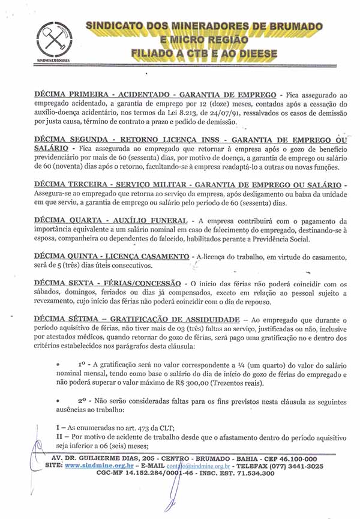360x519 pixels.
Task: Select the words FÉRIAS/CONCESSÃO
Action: click(x=145, y=283)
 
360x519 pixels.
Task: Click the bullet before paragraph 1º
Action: click(x=58, y=364)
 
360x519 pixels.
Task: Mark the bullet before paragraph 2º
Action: click(x=58, y=400)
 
